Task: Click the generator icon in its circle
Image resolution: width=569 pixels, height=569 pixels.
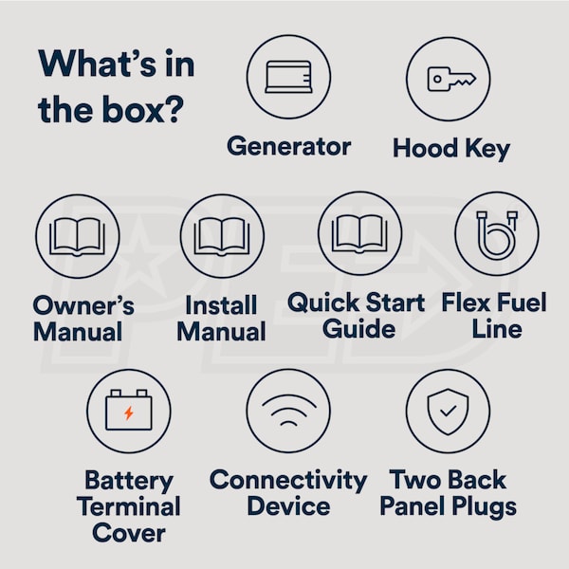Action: click(x=288, y=77)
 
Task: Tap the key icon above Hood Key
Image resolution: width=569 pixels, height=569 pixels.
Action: click(x=451, y=79)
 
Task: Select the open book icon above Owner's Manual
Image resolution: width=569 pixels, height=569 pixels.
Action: click(x=78, y=237)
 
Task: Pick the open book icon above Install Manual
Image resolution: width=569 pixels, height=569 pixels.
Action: click(x=222, y=237)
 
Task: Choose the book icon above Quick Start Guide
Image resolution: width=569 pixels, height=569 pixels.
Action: click(x=359, y=234)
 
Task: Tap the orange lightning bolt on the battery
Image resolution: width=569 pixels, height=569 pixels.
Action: click(x=128, y=413)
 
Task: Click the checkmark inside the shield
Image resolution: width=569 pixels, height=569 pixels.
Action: click(x=449, y=411)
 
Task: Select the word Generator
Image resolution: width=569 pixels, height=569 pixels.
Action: click(x=289, y=146)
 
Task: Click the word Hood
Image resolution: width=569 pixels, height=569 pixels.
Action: click(x=425, y=148)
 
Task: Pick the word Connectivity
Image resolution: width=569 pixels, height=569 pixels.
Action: click(x=288, y=481)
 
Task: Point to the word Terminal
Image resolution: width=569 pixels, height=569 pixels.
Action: click(x=128, y=506)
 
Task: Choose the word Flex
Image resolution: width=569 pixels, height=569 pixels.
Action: click(x=466, y=303)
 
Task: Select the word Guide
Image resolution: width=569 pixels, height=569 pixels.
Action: click(x=358, y=329)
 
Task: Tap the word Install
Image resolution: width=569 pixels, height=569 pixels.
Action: click(x=221, y=304)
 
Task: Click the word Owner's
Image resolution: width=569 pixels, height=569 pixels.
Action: click(x=83, y=304)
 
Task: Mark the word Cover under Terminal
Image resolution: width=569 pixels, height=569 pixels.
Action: click(x=129, y=533)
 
